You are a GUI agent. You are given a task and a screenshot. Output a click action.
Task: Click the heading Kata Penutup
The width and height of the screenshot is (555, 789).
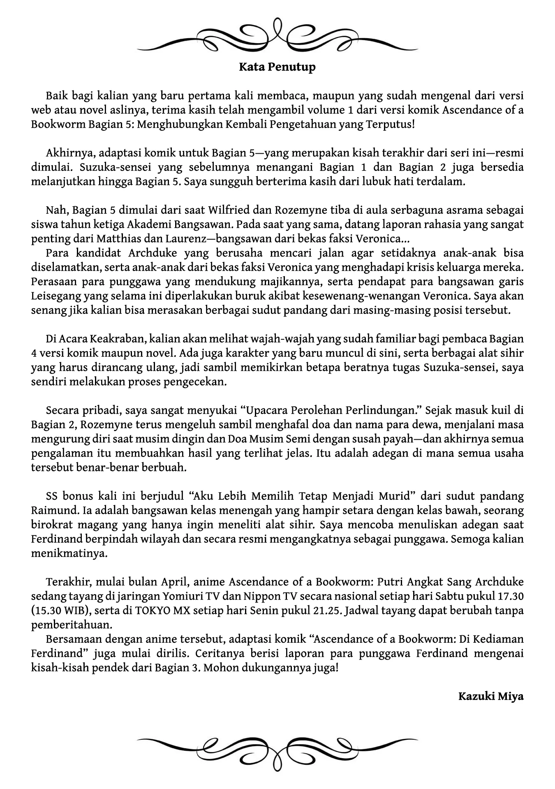(x=277, y=67)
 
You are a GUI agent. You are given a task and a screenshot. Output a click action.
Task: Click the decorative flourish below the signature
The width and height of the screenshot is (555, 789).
(x=277, y=744)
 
